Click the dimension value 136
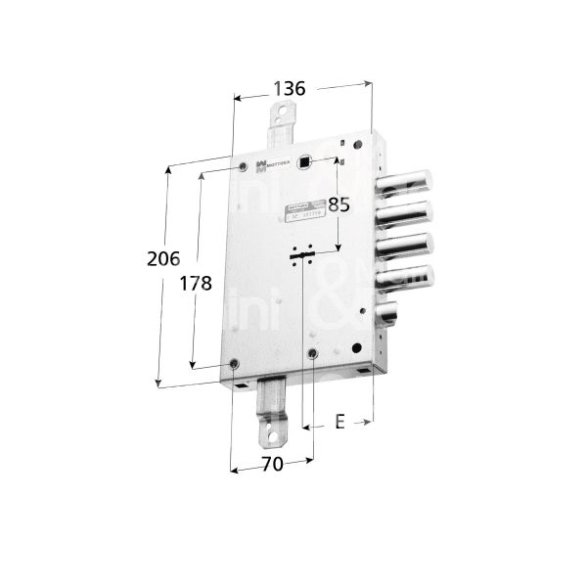(289, 88)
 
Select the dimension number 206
(165, 260)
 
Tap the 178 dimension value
(196, 284)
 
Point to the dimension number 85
(338, 205)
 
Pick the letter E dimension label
(339, 422)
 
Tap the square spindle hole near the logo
(305, 163)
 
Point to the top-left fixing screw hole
(243, 169)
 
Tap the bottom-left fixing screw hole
(235, 365)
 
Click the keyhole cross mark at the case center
(301, 255)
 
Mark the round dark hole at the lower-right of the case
(312, 352)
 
